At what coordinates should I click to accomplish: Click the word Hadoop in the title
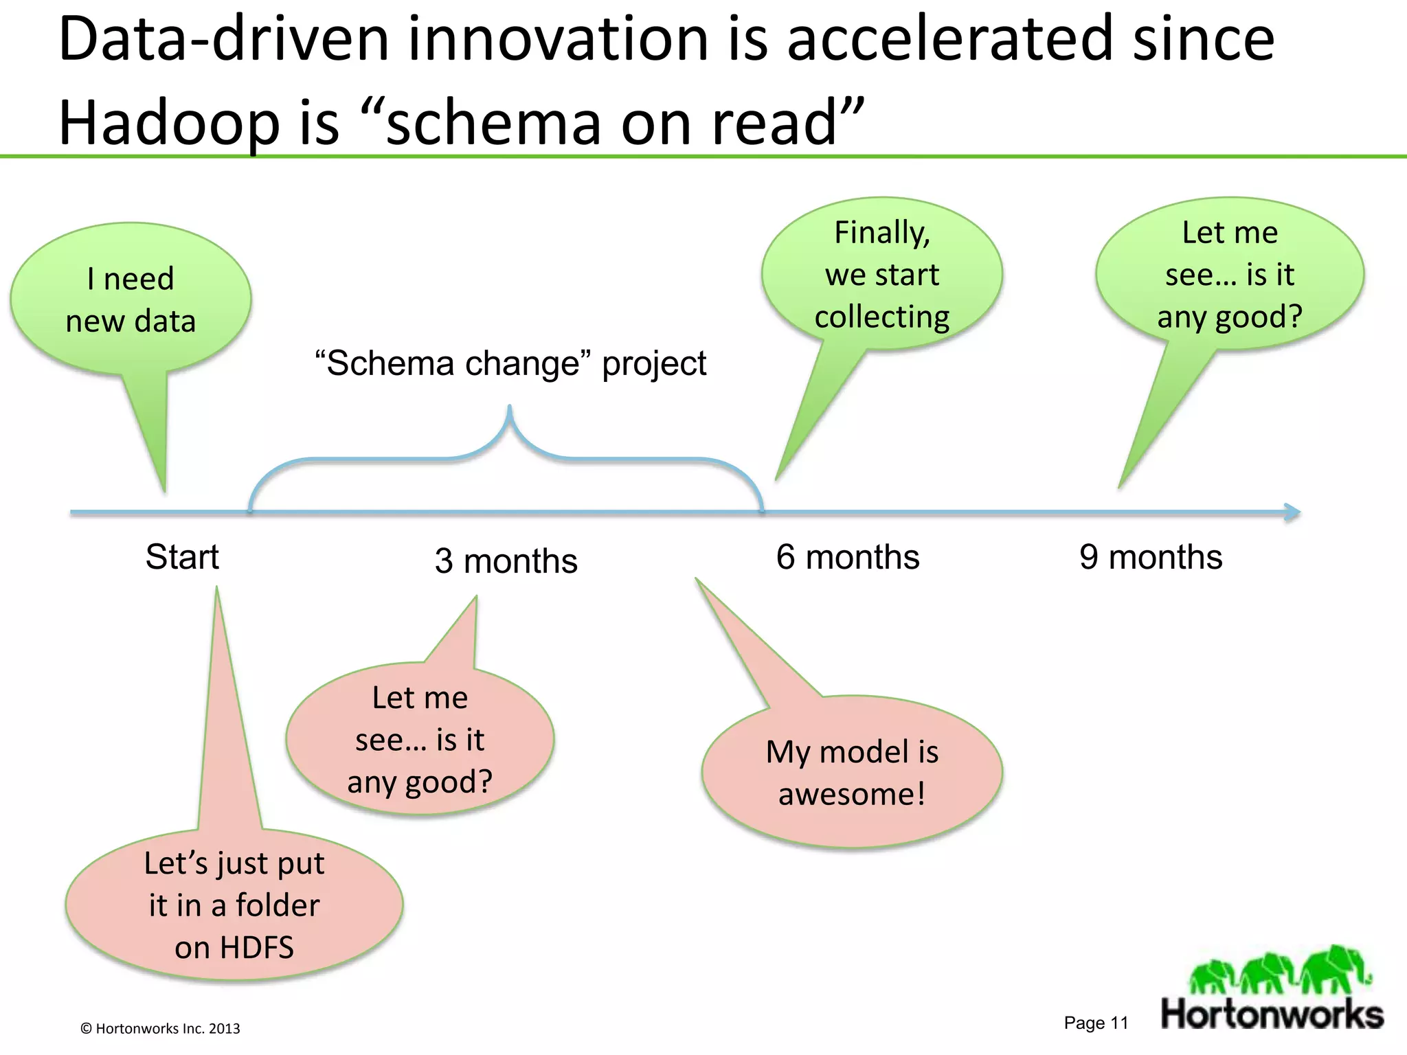coord(169,123)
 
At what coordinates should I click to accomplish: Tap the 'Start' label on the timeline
coord(182,557)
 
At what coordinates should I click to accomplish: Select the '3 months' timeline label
coord(506,561)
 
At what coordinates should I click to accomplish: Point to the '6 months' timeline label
coord(847,557)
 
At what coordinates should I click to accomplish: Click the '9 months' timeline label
coord(1151,557)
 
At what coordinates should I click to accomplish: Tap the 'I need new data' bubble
coord(131,299)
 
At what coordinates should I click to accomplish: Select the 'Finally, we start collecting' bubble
coord(881,275)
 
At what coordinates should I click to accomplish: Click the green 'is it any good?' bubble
coord(1229,275)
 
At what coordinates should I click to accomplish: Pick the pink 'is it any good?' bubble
coord(420,740)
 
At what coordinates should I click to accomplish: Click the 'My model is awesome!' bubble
coord(852,773)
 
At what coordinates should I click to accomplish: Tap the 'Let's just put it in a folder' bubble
coord(234,905)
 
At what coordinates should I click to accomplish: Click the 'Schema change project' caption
coord(510,363)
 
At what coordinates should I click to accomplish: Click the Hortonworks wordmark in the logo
coord(1272,1014)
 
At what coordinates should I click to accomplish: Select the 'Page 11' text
coord(1096,1023)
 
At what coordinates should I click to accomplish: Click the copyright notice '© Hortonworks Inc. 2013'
coord(160,1028)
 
